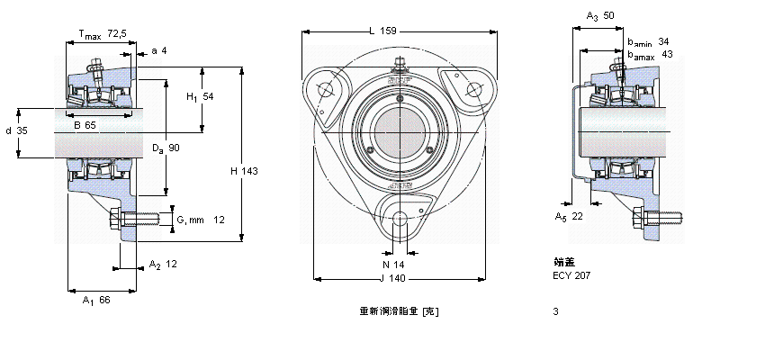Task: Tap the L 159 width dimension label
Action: pos(383,31)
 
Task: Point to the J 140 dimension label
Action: pos(397,278)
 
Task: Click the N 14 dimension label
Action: pos(394,265)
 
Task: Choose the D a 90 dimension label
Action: pos(166,147)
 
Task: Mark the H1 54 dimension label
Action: pos(199,96)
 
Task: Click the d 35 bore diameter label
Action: pos(16,130)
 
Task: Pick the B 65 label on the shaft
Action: pos(85,124)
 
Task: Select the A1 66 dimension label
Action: pos(95,300)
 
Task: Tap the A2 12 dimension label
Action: pos(163,265)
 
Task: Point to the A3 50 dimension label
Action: pos(600,16)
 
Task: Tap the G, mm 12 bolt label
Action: pos(200,220)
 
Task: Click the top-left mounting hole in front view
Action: pos(326,89)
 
